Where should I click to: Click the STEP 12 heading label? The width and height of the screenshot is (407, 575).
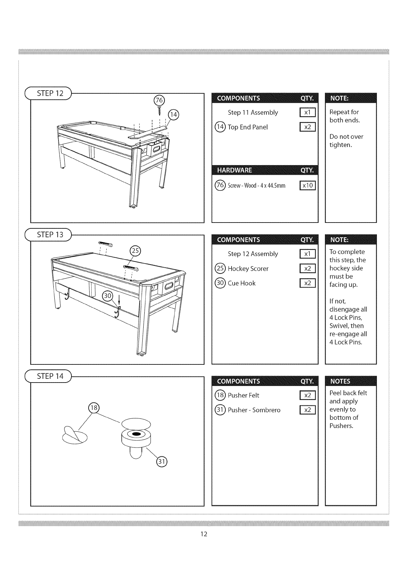50,93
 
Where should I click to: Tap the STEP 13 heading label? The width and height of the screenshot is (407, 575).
50,235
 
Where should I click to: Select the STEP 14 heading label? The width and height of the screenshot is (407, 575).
50,376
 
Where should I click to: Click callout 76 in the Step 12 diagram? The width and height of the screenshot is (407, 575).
159,100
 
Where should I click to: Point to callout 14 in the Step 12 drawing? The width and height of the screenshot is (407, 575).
174,115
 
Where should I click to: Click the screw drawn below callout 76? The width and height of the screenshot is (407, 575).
159,110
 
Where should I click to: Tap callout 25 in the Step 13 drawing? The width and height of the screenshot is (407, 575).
135,251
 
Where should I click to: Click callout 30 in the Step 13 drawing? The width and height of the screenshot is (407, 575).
108,295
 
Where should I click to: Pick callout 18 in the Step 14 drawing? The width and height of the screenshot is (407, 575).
93,407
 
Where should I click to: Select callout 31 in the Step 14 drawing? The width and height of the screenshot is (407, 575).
161,462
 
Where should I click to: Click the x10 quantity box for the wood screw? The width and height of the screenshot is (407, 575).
307,185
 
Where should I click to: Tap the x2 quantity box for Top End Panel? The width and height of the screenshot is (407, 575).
307,127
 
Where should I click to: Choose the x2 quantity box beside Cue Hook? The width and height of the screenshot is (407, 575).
307,283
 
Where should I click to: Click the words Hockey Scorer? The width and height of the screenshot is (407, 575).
248,269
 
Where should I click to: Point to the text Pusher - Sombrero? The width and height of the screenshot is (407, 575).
254,410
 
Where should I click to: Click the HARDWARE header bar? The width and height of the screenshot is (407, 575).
265,170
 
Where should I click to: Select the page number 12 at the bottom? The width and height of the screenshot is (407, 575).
204,534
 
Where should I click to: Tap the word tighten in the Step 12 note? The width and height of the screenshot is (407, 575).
340,145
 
